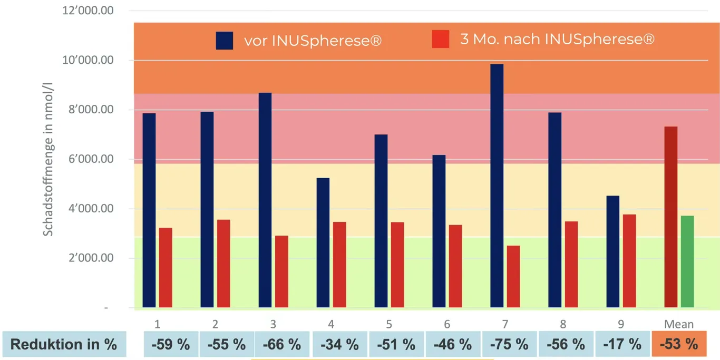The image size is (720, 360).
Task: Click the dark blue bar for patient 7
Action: coord(497,186)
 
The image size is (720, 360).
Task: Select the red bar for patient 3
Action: coord(281,271)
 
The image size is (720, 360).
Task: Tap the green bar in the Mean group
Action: coord(687,261)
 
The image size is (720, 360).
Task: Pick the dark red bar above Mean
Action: coord(670,217)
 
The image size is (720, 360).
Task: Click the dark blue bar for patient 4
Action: coord(323,242)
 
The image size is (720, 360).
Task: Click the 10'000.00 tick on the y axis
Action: coord(88,60)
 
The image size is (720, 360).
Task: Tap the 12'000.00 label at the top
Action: coord(88,11)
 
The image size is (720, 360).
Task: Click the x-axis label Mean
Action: coord(679,324)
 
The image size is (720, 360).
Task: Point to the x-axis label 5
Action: coord(389,324)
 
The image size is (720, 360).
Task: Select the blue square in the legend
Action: coord(225,41)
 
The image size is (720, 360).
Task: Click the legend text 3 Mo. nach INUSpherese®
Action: coord(557,39)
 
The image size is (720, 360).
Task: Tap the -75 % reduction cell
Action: coord(509,344)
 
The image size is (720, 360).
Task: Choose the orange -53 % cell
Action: coord(679,344)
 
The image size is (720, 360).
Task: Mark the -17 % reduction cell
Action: coord(622,344)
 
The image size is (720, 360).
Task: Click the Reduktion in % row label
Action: coord(64,344)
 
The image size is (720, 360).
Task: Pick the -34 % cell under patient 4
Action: coord(339,344)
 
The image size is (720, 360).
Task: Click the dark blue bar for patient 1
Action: coord(149,210)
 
